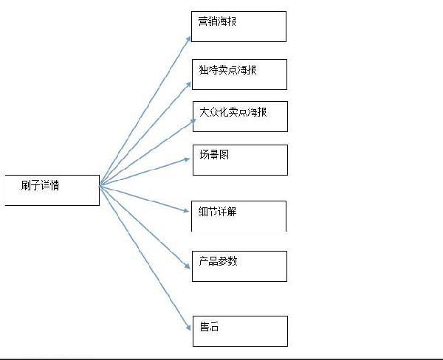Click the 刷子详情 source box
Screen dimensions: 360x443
click(x=51, y=190)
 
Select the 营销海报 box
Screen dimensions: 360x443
click(x=238, y=27)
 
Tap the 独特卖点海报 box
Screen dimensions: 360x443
click(x=238, y=75)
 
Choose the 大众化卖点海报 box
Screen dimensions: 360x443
click(x=239, y=117)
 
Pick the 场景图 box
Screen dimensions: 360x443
click(x=239, y=159)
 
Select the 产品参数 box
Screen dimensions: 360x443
click(x=238, y=266)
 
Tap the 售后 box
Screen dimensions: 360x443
click(x=238, y=330)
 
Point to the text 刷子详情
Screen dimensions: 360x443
click(x=41, y=185)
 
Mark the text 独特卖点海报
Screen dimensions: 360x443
click(x=227, y=69)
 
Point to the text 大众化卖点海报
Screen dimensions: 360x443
click(x=233, y=112)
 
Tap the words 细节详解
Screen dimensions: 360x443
click(x=218, y=212)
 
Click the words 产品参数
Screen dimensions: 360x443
click(x=218, y=261)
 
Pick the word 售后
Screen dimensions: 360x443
click(x=209, y=327)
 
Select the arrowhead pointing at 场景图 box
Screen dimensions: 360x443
click(x=188, y=158)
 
